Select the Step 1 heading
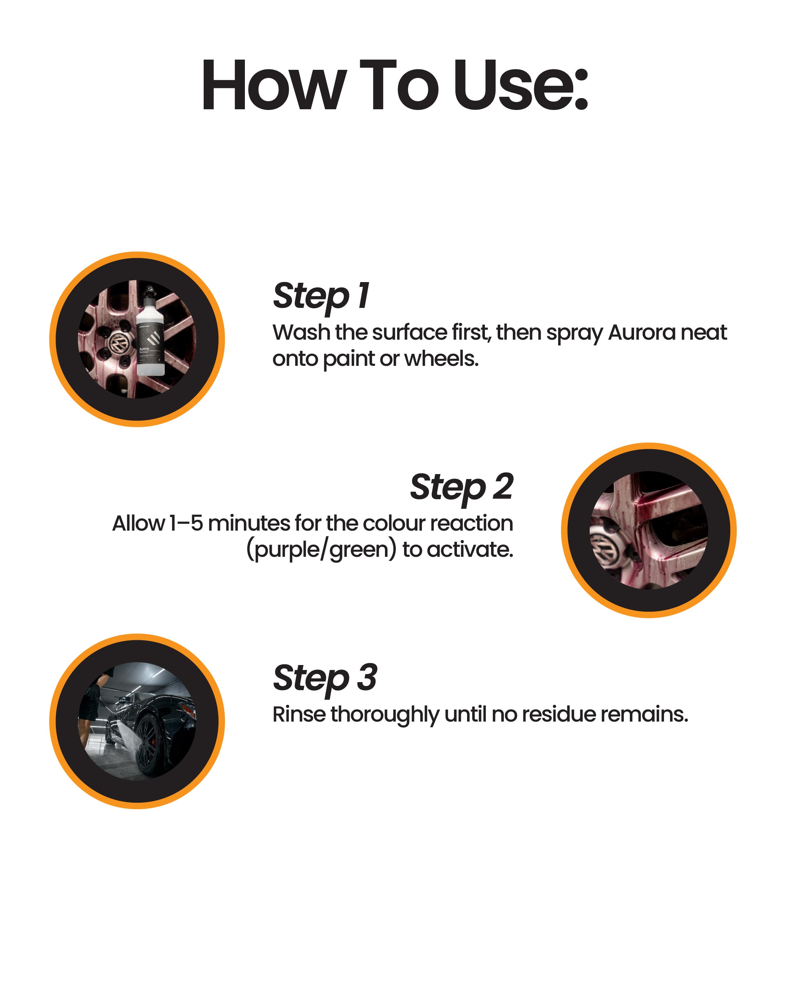click(321, 296)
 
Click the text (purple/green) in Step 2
click(321, 550)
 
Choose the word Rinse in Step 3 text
click(299, 714)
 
